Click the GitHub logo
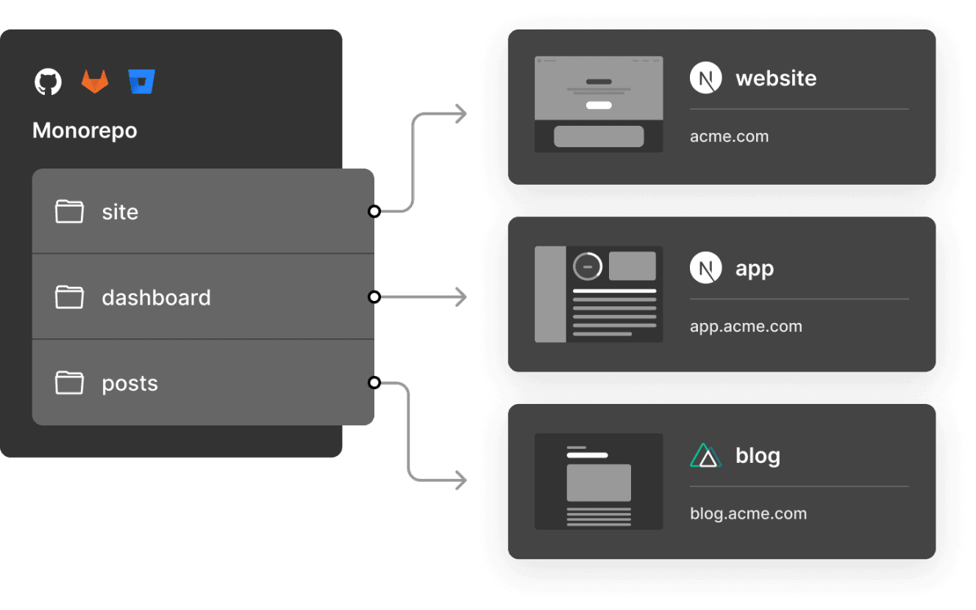pyautogui.click(x=49, y=81)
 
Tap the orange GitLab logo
pyautogui.click(x=94, y=81)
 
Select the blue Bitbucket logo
pyautogui.click(x=141, y=81)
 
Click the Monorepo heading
pyautogui.click(x=85, y=131)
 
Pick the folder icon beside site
pyautogui.click(x=69, y=212)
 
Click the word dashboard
pyautogui.click(x=156, y=297)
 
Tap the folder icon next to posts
pyautogui.click(x=69, y=383)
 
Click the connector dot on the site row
pyautogui.click(x=374, y=212)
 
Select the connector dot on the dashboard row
pyautogui.click(x=374, y=297)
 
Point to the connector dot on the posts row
pyautogui.click(x=374, y=383)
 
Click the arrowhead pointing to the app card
pyautogui.click(x=461, y=297)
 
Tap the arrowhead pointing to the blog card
pyautogui.click(x=461, y=481)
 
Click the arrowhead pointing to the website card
pyautogui.click(x=461, y=114)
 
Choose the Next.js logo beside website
pyautogui.click(x=705, y=78)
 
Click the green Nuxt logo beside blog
pyautogui.click(x=705, y=456)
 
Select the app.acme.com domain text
pyautogui.click(x=746, y=327)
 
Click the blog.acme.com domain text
pyautogui.click(x=748, y=514)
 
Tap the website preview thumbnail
pyautogui.click(x=599, y=104)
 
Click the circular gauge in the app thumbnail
pyautogui.click(x=588, y=266)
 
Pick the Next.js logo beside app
pyautogui.click(x=705, y=268)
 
